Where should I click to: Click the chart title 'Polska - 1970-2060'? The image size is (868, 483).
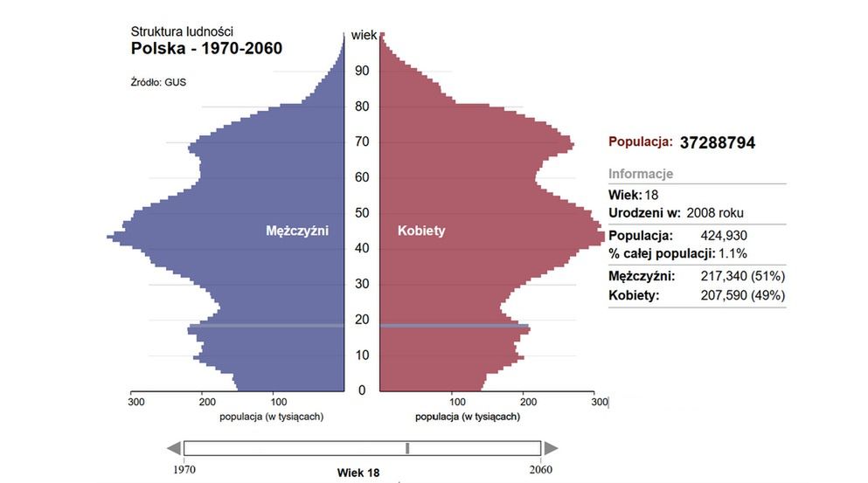coord(206,48)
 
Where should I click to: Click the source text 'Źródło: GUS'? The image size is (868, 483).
coord(158,83)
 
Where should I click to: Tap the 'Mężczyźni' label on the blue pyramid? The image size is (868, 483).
coord(297,231)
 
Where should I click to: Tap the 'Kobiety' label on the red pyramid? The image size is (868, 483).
coord(421,231)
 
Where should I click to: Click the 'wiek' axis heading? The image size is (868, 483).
coord(364,36)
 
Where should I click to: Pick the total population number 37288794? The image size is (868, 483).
coord(717,142)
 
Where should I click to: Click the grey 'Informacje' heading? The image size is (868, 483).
coord(641,174)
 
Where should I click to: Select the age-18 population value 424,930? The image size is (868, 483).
coord(724,236)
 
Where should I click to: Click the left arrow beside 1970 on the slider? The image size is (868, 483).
coord(173,448)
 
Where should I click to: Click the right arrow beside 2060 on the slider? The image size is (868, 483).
coord(551,448)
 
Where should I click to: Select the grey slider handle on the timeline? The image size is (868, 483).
coord(407,448)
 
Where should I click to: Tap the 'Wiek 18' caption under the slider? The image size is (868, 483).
coord(358,473)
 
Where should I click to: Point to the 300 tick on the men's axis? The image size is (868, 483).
coord(136,403)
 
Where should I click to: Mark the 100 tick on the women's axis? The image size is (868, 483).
coord(456,403)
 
